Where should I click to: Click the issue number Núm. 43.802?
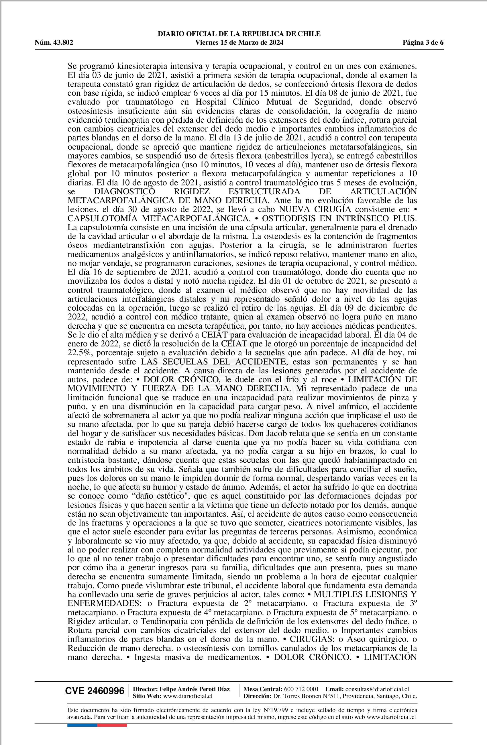(x=54, y=43)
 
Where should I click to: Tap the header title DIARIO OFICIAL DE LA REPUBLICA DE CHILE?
(x=239, y=34)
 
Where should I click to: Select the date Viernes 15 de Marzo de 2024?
(x=239, y=43)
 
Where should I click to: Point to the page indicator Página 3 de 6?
(x=423, y=43)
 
